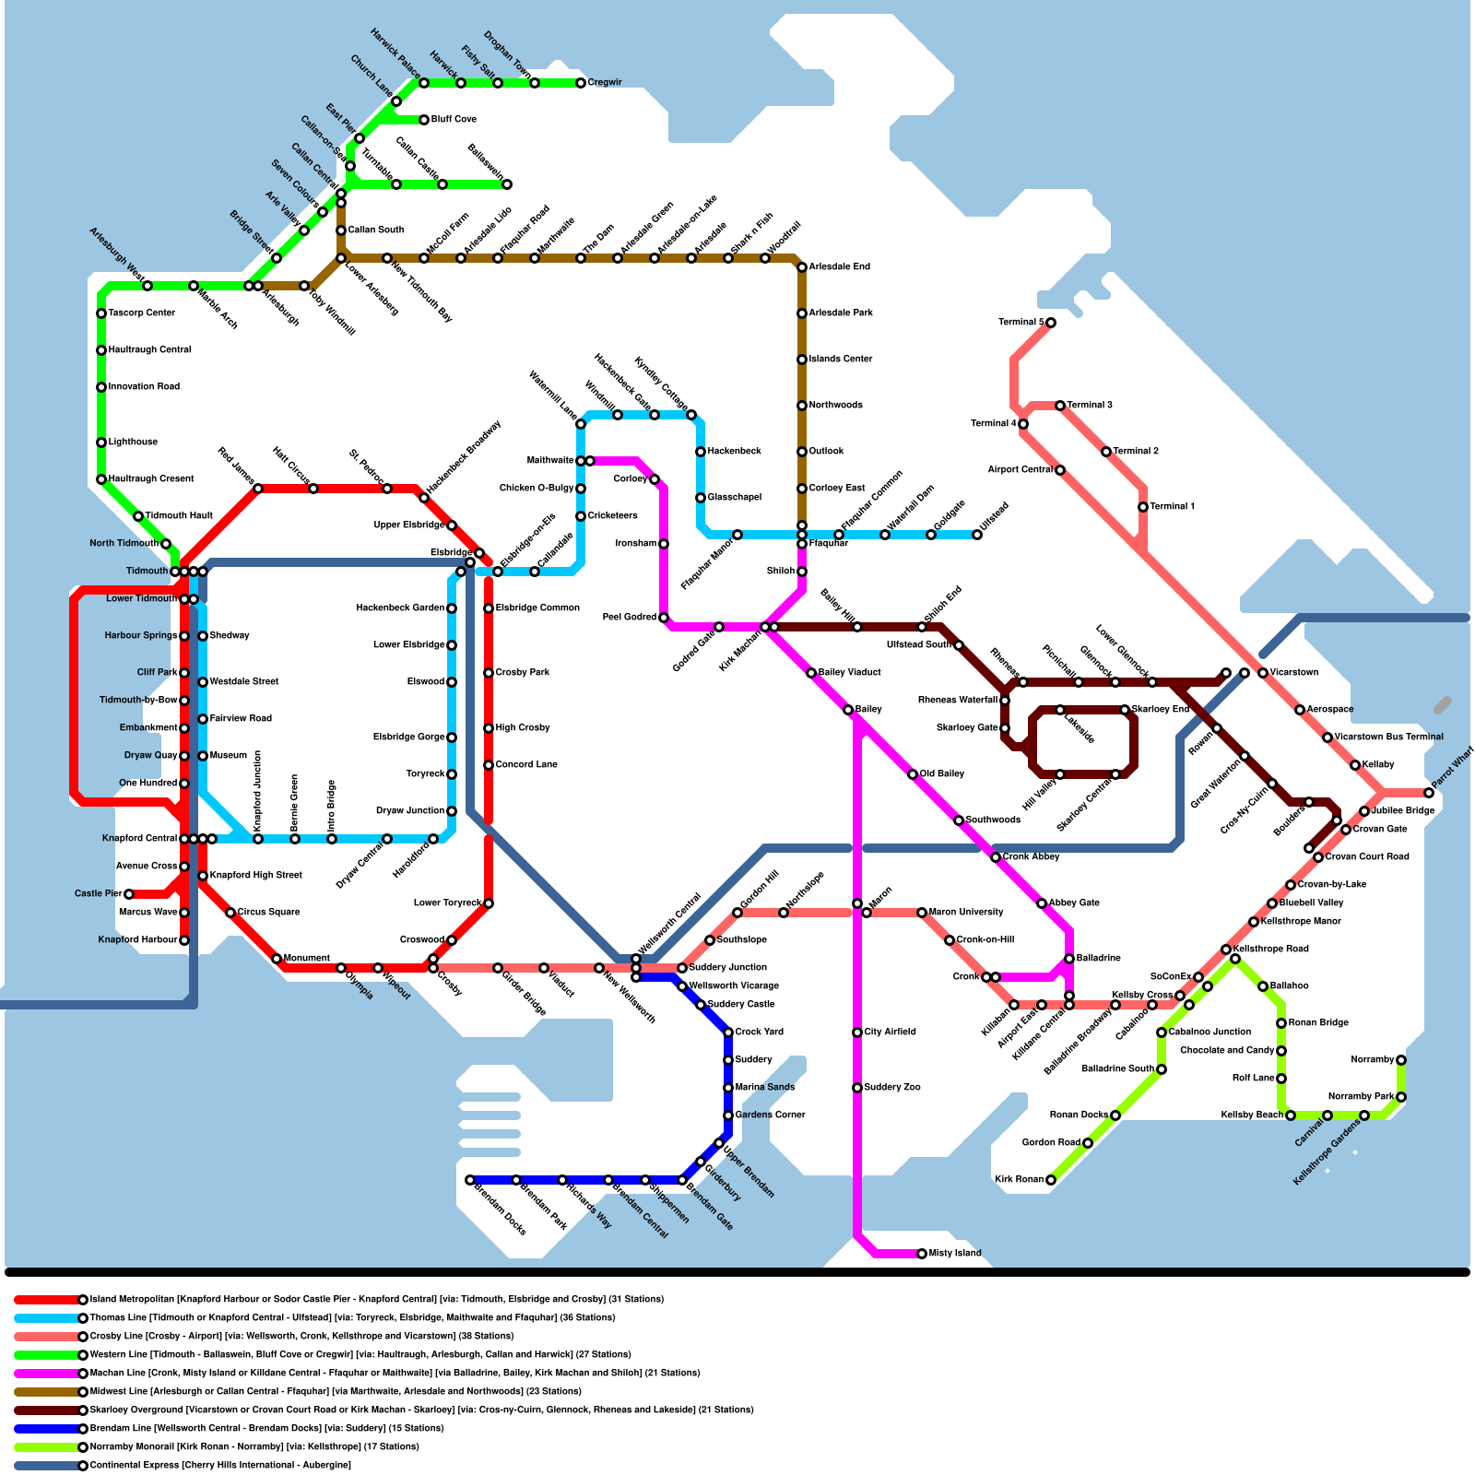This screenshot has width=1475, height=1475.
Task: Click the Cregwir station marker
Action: coord(581,83)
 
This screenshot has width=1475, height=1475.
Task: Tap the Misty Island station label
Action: coord(955,1254)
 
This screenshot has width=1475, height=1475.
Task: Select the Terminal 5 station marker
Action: coord(1051,323)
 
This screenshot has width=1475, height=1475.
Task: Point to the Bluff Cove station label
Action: coord(454,120)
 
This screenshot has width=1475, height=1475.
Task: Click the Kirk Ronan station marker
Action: coord(1051,1180)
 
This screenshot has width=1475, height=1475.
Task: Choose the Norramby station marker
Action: coord(1401,1060)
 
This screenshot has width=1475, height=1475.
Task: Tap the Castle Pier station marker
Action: coord(129,894)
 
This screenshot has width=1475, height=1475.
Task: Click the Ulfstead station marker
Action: coord(977,535)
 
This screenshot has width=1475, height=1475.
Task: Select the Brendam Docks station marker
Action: coord(470,1180)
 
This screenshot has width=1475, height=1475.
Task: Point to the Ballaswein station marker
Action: coord(507,184)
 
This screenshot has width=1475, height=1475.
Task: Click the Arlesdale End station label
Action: coord(839,267)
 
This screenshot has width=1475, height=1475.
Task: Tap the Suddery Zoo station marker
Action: coord(857,1088)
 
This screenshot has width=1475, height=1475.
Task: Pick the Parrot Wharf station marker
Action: coord(1429,793)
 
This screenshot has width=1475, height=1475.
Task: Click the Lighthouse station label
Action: coord(133,442)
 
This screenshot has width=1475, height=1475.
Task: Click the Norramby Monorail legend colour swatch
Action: coord(46,1447)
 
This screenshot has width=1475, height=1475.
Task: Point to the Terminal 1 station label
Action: coord(1172,507)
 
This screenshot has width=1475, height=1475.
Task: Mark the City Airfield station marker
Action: coord(857,1032)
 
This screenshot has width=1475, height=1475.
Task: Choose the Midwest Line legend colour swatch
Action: coord(46,1392)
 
